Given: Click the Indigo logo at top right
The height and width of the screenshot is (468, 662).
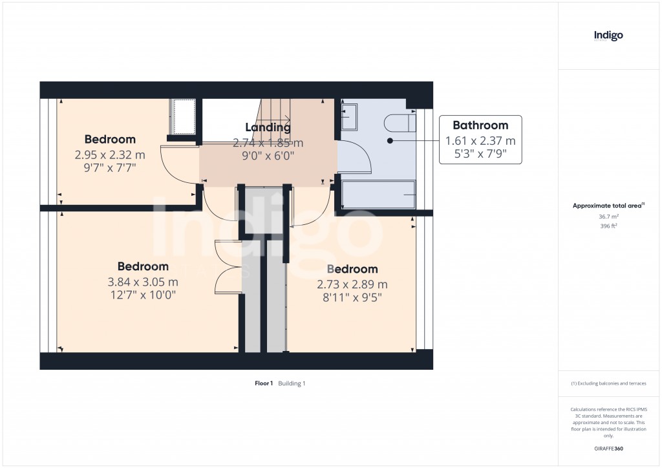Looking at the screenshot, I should pyautogui.click(x=608, y=36).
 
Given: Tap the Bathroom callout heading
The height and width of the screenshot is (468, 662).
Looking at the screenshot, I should pyautogui.click(x=480, y=125).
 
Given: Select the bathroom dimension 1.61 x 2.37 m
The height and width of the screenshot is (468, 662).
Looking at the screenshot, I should pyautogui.click(x=480, y=141).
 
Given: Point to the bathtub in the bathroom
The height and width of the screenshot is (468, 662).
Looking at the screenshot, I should pyautogui.click(x=378, y=195).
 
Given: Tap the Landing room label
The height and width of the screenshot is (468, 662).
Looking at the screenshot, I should pyautogui.click(x=268, y=127).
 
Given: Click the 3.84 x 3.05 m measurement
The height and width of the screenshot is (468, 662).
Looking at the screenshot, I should pyautogui.click(x=143, y=282).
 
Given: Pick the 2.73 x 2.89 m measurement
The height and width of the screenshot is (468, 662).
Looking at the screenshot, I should pyautogui.click(x=352, y=284).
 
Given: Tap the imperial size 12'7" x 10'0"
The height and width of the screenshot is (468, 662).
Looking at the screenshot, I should pyautogui.click(x=143, y=295).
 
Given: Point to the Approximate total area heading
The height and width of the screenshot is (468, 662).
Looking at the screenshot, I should pyautogui.click(x=608, y=206).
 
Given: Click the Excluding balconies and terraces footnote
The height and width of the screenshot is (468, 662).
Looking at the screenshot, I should pyautogui.click(x=608, y=383).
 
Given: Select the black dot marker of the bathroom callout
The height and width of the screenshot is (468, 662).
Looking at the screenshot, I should pyautogui.click(x=390, y=140).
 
